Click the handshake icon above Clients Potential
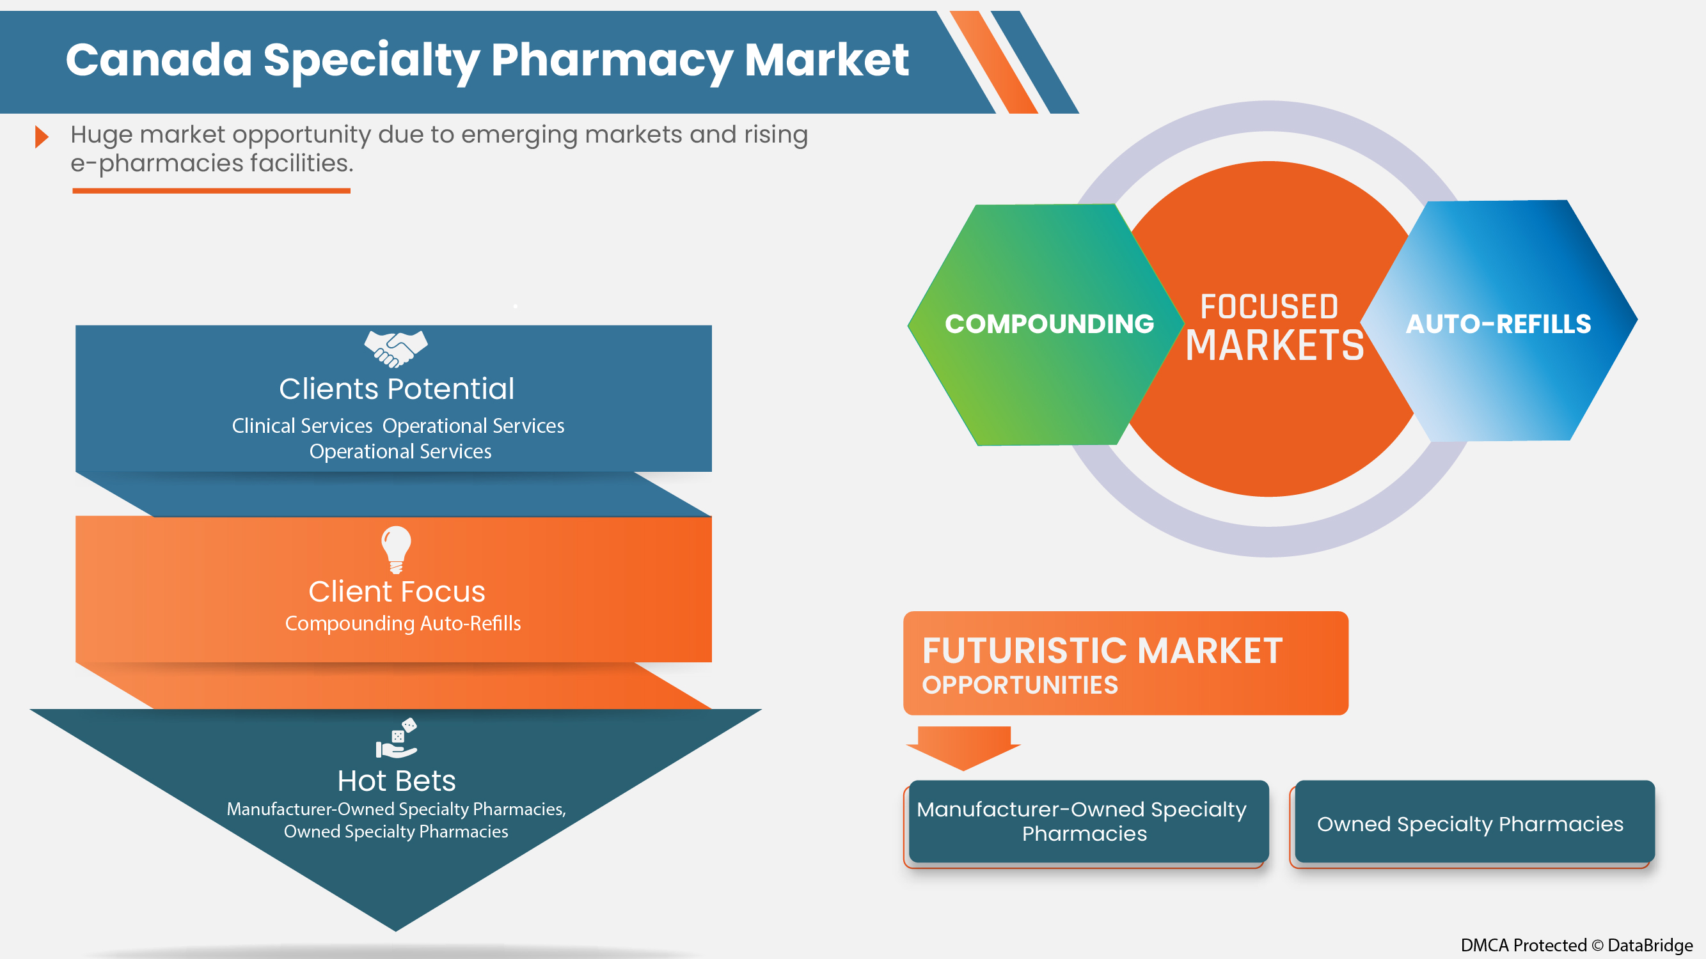(395, 348)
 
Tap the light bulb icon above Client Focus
(396, 549)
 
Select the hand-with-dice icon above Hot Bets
(396, 738)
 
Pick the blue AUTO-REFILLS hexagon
(1498, 324)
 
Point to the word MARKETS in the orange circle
(1274, 345)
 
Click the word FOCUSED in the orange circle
(1269, 307)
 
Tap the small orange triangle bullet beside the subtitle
(42, 137)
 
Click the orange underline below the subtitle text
(211, 191)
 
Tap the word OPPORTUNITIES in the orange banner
(1020, 685)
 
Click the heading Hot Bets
(396, 781)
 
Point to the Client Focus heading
(396, 591)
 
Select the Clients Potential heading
(396, 389)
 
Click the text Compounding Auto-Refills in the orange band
(402, 623)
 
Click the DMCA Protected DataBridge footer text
(1576, 945)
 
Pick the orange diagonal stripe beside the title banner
(993, 63)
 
